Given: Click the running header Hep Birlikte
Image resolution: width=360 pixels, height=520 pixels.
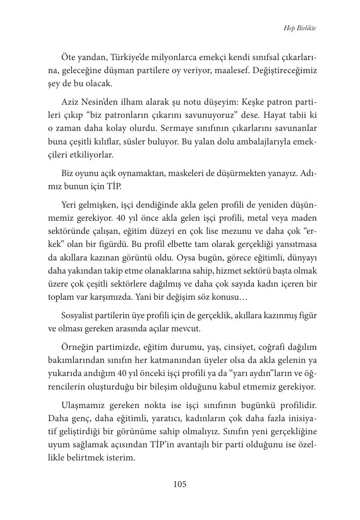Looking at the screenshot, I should [x=300, y=28].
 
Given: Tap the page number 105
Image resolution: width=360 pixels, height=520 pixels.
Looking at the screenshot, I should [x=180, y=484].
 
